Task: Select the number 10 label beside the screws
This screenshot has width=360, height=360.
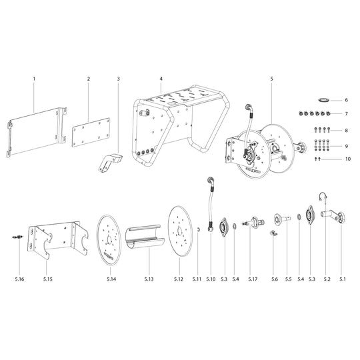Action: pos(347,159)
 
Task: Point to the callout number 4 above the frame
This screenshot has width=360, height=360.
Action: pos(161,79)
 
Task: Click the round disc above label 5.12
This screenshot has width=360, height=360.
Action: pos(178,231)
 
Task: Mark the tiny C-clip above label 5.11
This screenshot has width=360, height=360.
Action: pos(197,231)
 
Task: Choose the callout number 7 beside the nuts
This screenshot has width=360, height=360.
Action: pos(347,114)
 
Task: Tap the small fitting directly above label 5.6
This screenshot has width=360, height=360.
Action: pos(273,233)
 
